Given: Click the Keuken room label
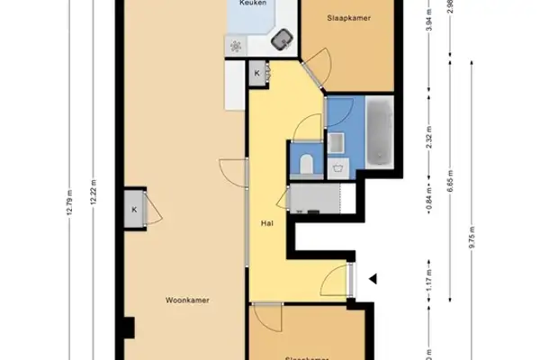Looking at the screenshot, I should [251, 4].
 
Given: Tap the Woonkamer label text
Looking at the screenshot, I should [187, 301].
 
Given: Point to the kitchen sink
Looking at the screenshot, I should [284, 39].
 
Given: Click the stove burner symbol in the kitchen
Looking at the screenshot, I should [236, 47].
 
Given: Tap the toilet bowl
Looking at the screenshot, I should [308, 163].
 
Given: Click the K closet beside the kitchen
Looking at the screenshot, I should [257, 74].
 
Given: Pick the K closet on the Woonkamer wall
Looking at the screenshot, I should [134, 209].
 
